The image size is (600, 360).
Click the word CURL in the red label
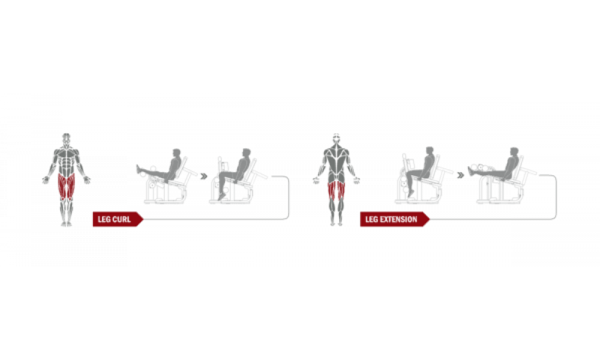pyautogui.click(x=122, y=219)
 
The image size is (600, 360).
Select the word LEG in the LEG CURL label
pyautogui.click(x=104, y=219)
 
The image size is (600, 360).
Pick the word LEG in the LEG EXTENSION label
pyautogui.click(x=371, y=219)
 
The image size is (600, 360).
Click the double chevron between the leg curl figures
pyautogui.click(x=204, y=176)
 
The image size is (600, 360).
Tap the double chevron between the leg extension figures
pyautogui.click(x=461, y=175)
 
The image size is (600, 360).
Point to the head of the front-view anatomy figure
pyautogui.click(x=66, y=139)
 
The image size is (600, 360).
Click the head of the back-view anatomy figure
pyautogui.click(x=337, y=139)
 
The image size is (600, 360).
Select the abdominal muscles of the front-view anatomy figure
pyautogui.click(x=67, y=162)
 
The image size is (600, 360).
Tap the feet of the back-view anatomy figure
pyautogui.click(x=336, y=223)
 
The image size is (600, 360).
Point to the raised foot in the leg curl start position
pyautogui.click(x=138, y=169)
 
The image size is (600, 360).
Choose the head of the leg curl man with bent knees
pyautogui.click(x=246, y=153)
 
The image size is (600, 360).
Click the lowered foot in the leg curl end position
pyautogui.click(x=221, y=196)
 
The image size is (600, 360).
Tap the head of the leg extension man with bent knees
pyautogui.click(x=430, y=151)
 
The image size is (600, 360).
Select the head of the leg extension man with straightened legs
pyautogui.click(x=514, y=152)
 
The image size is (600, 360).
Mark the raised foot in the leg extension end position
pyautogui.click(x=470, y=171)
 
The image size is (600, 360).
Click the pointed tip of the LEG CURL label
pyautogui.click(x=143, y=219)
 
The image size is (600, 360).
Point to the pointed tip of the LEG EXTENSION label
pyautogui.click(x=430, y=219)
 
